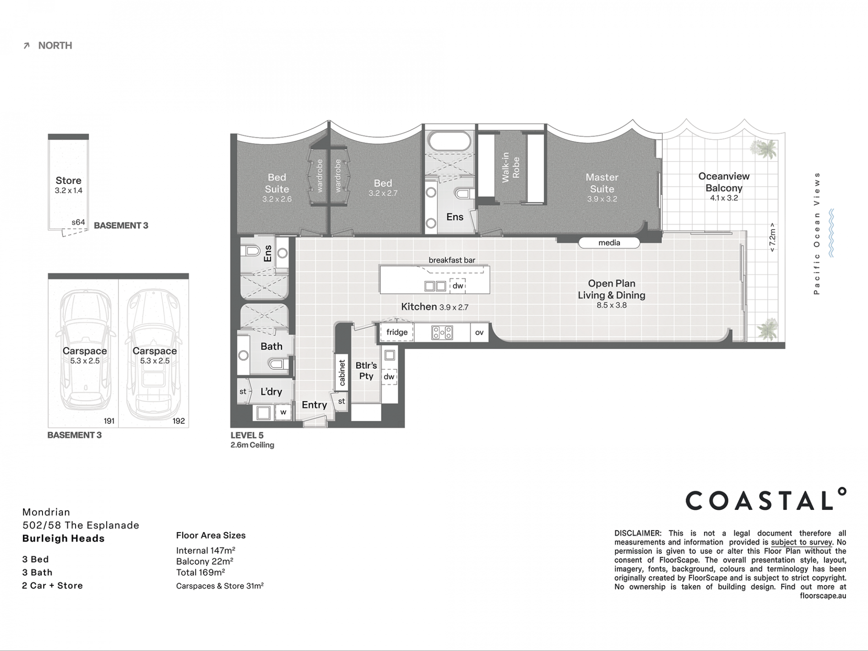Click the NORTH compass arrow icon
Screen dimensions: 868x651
[27, 46]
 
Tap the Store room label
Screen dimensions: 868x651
[69, 180]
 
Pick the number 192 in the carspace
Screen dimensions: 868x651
[179, 421]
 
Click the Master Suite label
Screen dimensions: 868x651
[602, 183]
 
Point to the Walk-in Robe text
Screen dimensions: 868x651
[510, 167]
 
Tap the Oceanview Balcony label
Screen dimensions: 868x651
[724, 182]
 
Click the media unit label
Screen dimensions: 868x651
[609, 243]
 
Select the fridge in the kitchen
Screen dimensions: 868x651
[397, 332]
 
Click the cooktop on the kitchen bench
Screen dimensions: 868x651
[442, 333]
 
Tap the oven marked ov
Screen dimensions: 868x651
[479, 332]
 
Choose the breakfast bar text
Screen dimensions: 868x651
[452, 260]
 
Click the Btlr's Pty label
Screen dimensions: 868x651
[366, 371]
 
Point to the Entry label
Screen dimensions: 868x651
[314, 405]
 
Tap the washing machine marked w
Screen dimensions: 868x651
[283, 412]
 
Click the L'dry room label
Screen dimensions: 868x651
[271, 392]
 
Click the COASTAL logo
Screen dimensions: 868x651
[766, 499]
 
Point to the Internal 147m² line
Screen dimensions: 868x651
[206, 550]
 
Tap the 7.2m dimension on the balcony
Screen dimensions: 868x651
[772, 238]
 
